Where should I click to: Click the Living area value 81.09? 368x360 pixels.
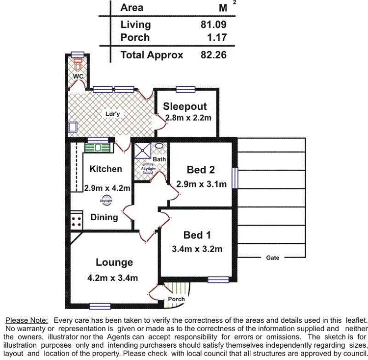click(213, 24)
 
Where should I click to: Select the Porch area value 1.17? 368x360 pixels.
click(216, 37)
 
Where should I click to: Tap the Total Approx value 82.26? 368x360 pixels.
click(213, 55)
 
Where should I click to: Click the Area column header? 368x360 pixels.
click(132, 7)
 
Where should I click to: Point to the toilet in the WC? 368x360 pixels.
click(78, 65)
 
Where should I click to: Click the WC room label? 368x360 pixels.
click(78, 77)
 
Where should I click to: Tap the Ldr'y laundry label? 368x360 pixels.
click(113, 114)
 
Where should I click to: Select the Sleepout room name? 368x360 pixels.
click(185, 106)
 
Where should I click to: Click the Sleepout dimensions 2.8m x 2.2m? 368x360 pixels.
click(188, 118)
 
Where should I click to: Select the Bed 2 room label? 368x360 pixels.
click(201, 170)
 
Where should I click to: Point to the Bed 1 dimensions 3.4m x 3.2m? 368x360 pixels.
click(197, 249)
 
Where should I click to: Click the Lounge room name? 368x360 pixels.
click(114, 262)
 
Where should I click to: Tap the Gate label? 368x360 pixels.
click(273, 257)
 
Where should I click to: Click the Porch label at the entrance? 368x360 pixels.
click(176, 299)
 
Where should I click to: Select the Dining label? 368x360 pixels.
click(104, 217)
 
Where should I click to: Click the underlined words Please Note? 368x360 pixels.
click(26, 320)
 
